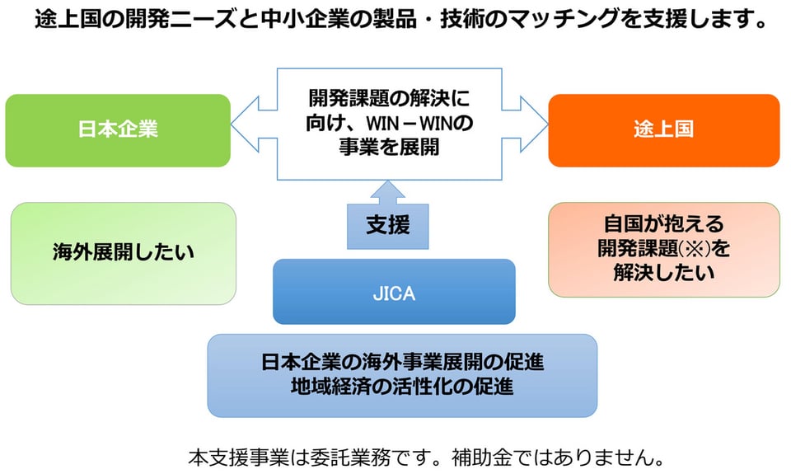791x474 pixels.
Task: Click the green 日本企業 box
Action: coord(118,130)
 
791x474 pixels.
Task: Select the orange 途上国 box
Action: coord(664,130)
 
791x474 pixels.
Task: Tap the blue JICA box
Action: coord(394,292)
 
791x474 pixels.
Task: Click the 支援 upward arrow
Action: coord(387,215)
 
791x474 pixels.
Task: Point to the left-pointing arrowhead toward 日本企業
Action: coord(246,124)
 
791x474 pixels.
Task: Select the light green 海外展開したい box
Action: coord(123,253)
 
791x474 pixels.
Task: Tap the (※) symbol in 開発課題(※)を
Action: coord(694,248)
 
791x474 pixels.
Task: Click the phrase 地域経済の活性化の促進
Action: coord(402,387)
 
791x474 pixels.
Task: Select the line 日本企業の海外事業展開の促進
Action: coord(402,363)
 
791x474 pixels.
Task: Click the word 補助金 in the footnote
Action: coord(482,458)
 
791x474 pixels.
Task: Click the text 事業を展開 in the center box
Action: coord(389,147)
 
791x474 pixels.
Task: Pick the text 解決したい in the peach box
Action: coord(664,273)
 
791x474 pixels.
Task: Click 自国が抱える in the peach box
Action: coord(664,223)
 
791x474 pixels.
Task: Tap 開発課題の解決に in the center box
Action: coord(389,98)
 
